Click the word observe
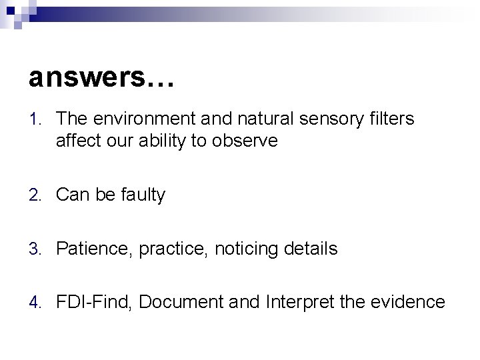pos(247,141)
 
